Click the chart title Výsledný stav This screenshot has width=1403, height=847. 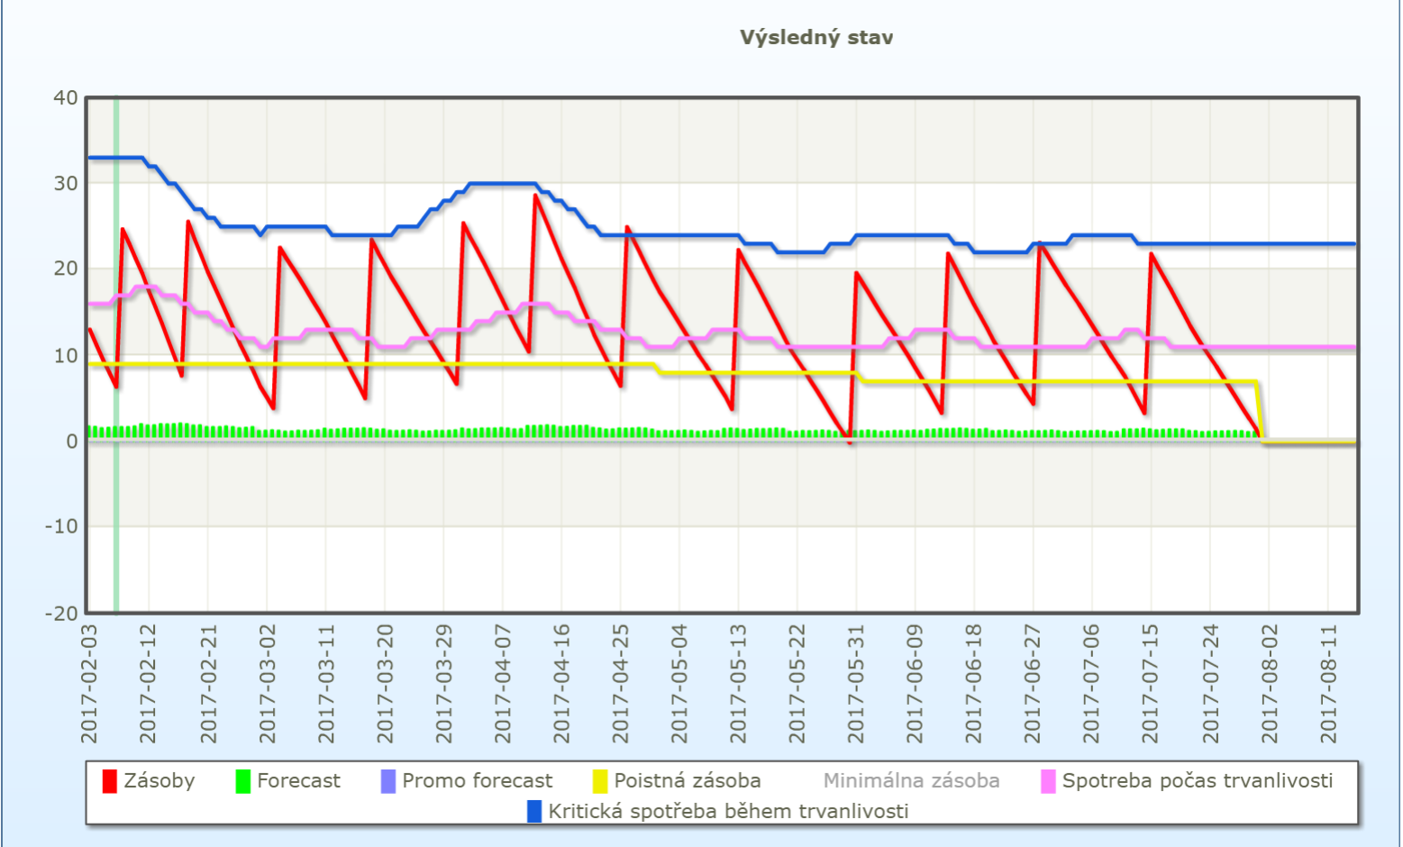click(x=816, y=38)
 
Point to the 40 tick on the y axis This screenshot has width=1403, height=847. click(x=66, y=97)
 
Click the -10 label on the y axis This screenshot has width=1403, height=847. click(x=61, y=526)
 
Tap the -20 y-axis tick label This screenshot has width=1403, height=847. click(x=61, y=613)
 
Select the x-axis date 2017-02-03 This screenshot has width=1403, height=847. click(x=89, y=684)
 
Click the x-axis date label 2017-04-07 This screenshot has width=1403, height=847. click(x=502, y=684)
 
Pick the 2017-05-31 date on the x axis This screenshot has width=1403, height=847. click(x=856, y=684)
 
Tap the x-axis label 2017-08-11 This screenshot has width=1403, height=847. click(x=1328, y=684)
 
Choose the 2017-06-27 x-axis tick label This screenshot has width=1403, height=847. click(x=1033, y=684)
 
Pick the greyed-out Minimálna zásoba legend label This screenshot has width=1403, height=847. click(x=911, y=780)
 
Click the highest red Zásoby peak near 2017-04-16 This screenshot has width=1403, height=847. click(x=535, y=195)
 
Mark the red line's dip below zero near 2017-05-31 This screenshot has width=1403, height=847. click(x=850, y=442)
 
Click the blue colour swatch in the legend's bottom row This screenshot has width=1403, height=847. click(x=534, y=811)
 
